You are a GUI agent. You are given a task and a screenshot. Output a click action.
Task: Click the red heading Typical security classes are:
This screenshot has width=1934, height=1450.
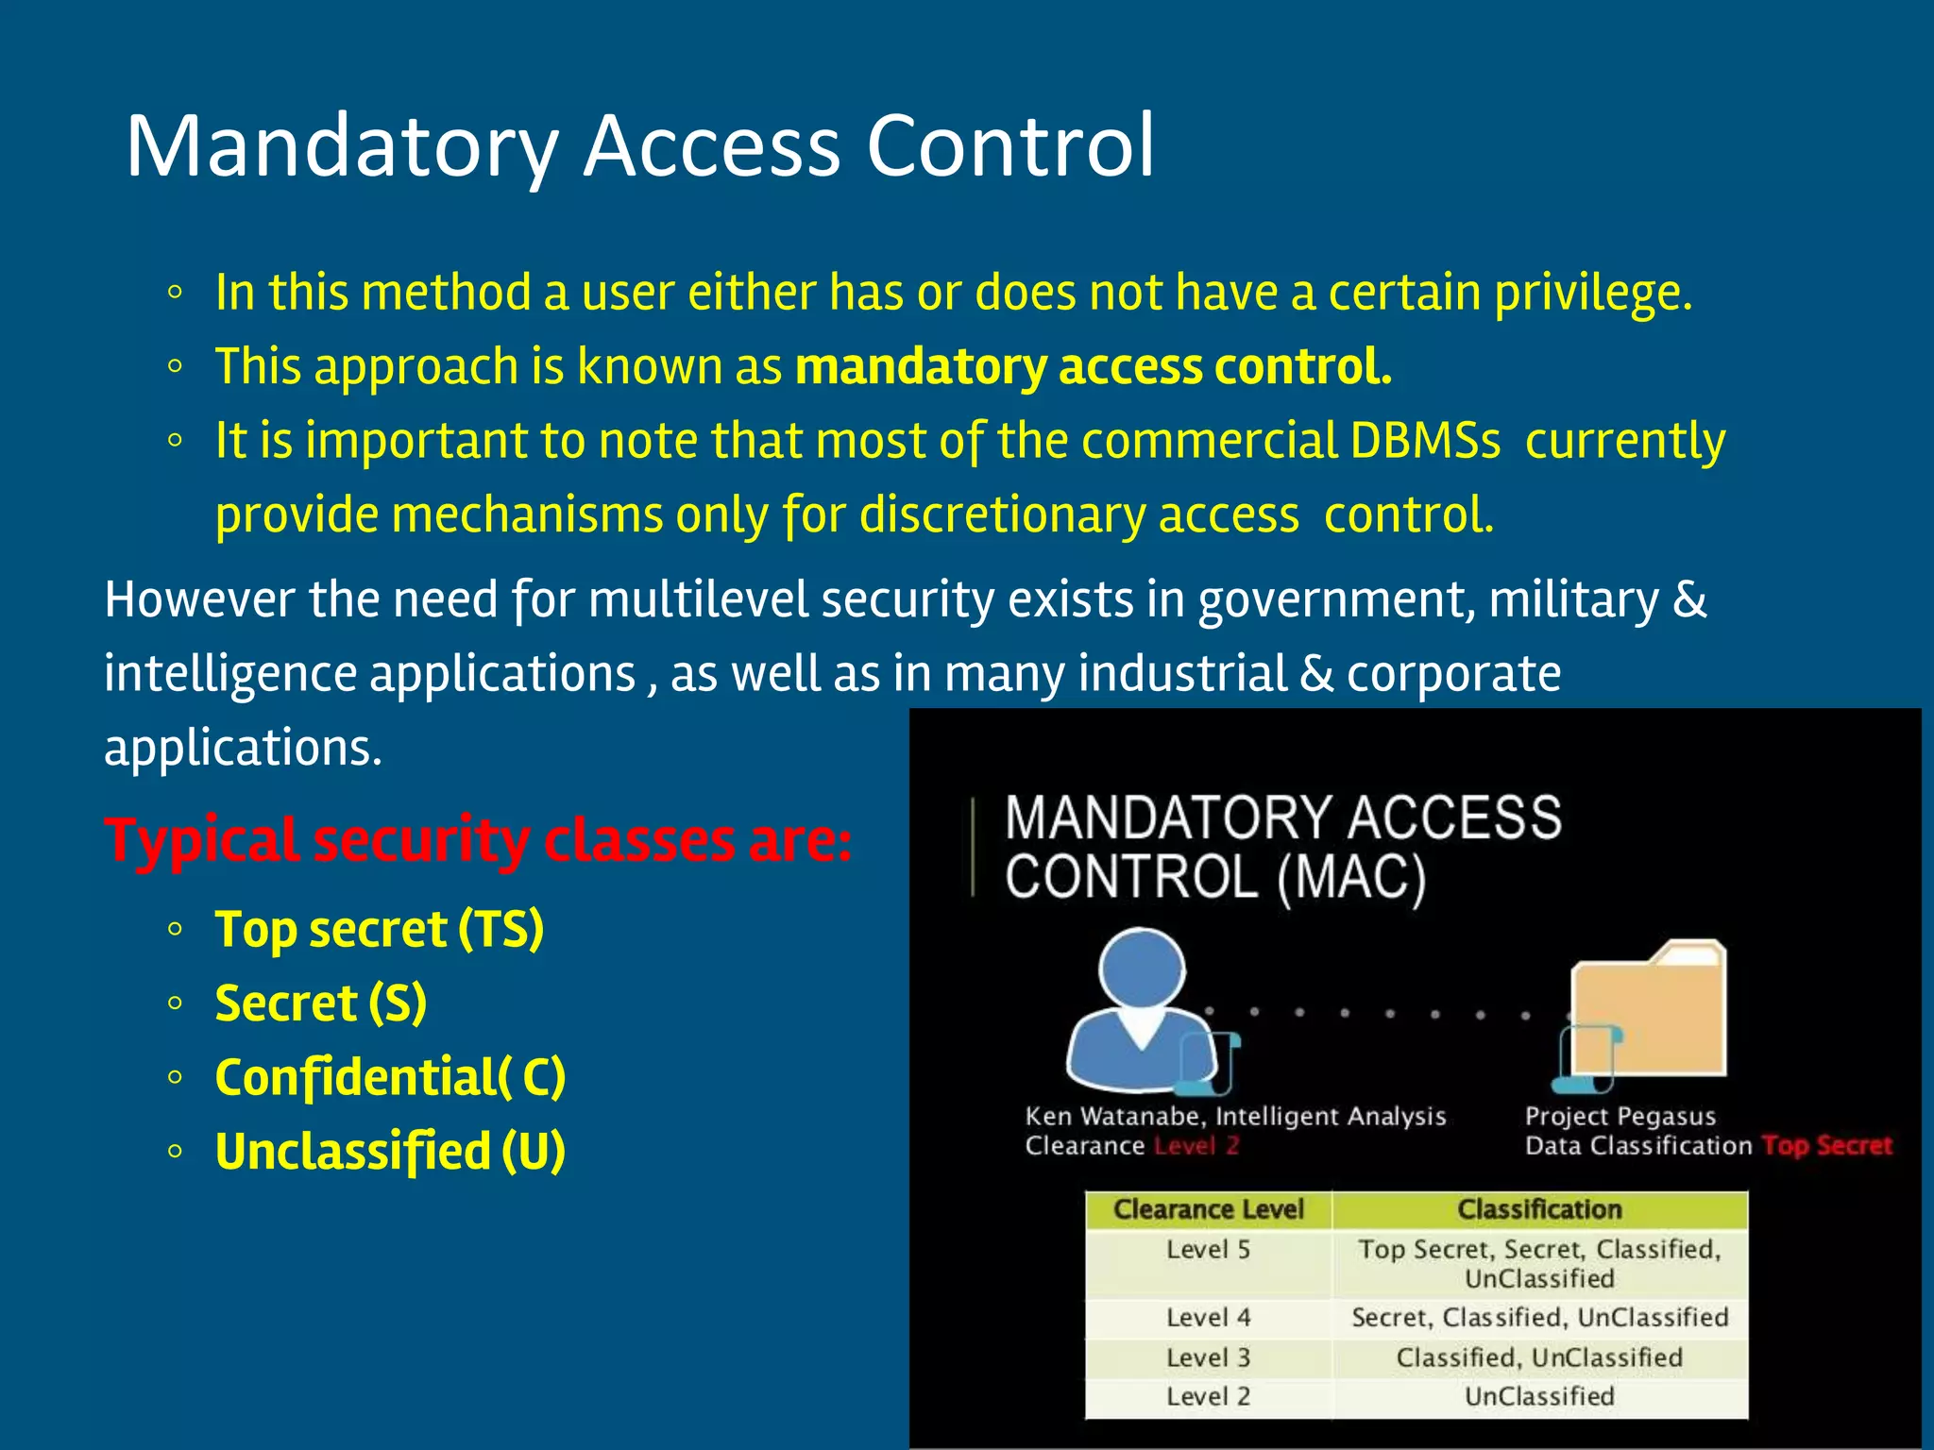point(478,839)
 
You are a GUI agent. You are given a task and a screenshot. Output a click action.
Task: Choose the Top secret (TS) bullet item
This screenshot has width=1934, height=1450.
point(379,929)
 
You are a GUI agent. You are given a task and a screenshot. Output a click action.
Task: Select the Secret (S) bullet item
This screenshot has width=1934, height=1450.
point(320,1003)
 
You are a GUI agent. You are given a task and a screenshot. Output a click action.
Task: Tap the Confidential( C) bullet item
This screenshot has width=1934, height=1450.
point(389,1077)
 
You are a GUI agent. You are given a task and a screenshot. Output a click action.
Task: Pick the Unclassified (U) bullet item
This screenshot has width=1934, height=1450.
point(389,1151)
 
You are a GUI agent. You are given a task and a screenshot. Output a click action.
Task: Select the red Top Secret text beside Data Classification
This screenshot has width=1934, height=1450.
point(1826,1146)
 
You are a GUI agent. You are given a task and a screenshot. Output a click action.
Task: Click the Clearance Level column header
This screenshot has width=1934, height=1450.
point(1208,1209)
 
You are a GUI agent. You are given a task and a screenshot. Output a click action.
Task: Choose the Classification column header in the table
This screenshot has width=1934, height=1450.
point(1539,1209)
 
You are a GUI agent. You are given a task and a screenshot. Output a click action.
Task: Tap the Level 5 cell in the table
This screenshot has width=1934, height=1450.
point(1208,1250)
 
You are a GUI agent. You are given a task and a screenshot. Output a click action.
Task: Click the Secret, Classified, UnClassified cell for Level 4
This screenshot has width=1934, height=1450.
point(1539,1318)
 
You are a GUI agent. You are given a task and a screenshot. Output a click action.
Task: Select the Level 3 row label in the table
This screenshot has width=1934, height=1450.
point(1208,1357)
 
